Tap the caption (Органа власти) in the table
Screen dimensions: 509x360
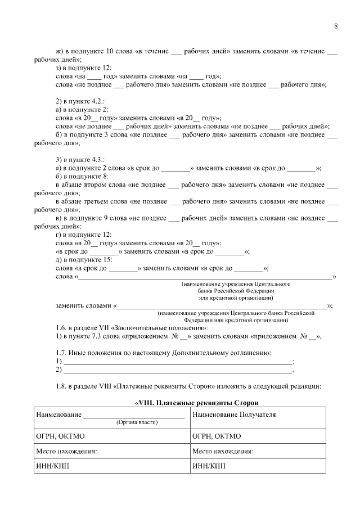pyautogui.click(x=137, y=422)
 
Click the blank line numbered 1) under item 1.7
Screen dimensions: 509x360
pyautogui.click(x=178, y=362)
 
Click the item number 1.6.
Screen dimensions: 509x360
pyautogui.click(x=61, y=328)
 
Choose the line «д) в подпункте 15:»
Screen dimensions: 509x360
pyautogui.click(x=84, y=259)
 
